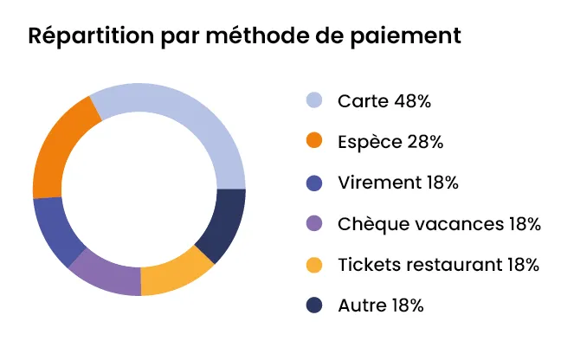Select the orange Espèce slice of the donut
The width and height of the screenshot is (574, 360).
click(61, 150)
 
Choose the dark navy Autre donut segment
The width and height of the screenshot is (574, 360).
click(223, 223)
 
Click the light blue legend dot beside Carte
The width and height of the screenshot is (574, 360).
click(314, 100)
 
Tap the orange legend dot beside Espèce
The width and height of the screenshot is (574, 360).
click(314, 141)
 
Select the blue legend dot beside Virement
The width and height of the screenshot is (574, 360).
click(314, 183)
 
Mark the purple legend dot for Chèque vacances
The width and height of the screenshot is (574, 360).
click(314, 223)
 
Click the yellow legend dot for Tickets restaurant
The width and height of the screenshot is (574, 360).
click(314, 265)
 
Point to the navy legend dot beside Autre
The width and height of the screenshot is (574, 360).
click(314, 305)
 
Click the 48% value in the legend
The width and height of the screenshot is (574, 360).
click(413, 101)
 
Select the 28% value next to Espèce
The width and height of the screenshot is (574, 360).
click(425, 142)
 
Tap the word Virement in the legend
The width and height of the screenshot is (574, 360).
click(380, 183)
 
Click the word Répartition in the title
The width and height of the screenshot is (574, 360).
click(91, 35)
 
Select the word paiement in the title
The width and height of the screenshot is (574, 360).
click(405, 36)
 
